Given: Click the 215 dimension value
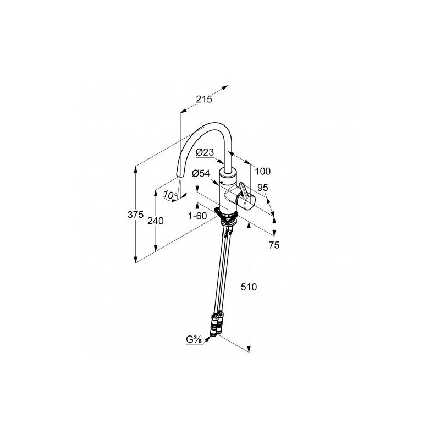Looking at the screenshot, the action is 204,99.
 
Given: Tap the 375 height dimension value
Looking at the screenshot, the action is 135,215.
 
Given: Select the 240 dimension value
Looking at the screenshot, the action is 156,221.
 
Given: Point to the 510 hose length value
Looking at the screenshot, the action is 249,287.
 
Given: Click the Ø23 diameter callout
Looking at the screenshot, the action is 205,152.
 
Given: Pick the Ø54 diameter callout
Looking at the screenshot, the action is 201,174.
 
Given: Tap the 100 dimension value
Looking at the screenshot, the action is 263,171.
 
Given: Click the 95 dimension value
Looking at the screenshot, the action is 263,188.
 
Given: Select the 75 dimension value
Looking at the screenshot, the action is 274,245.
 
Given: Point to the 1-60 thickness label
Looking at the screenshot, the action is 197,216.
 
